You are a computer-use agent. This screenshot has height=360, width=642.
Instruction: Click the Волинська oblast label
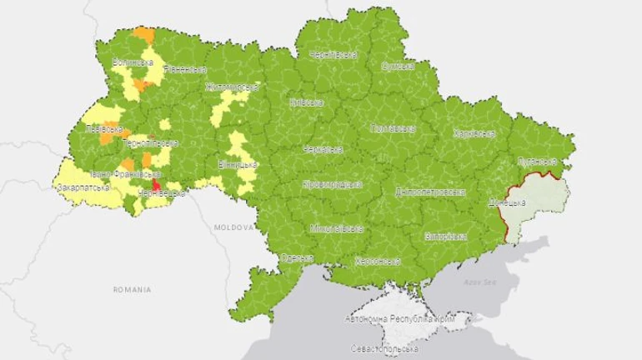[133, 62]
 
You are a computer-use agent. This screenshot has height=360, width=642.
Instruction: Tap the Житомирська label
[233, 87]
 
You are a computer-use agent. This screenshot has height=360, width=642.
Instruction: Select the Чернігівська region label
[334, 55]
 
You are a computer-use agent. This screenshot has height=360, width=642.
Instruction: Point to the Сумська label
[399, 66]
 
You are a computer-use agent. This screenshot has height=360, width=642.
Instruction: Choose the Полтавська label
[392, 129]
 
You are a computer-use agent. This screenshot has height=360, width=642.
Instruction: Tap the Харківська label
[474, 133]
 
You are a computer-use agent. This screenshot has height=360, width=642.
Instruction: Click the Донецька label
[506, 202]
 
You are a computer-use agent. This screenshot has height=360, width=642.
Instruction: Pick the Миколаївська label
[337, 227]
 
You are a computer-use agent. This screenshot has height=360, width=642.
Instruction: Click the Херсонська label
[377, 261]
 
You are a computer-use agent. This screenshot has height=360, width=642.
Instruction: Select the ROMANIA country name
[133, 289]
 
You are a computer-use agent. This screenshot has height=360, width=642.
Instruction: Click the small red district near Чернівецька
[156, 184]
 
